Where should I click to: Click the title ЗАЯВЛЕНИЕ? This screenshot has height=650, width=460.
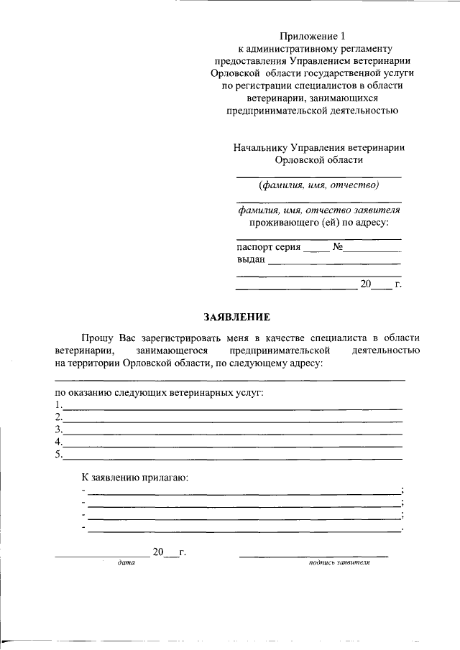tap(236, 317)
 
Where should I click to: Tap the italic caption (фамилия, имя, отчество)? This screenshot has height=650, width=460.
tap(319, 185)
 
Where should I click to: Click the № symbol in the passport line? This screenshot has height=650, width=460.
tap(337, 248)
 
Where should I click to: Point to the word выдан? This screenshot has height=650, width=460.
tap(251, 260)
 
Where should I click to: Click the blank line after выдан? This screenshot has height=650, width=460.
tap(334, 264)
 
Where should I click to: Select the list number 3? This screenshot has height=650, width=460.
tap(58, 429)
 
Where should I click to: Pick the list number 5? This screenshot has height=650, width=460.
tap(58, 454)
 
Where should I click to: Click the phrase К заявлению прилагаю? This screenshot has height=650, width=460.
tap(134, 477)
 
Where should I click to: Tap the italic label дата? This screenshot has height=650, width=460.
tap(126, 563)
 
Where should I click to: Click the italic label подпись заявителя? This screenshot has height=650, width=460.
tap(339, 563)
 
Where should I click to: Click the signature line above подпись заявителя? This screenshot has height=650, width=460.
tap(313, 556)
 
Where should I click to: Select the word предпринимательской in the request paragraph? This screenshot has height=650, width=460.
tap(280, 350)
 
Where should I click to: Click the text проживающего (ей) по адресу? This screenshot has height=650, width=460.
tap(319, 223)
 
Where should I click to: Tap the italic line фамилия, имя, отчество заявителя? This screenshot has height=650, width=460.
tap(319, 210)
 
